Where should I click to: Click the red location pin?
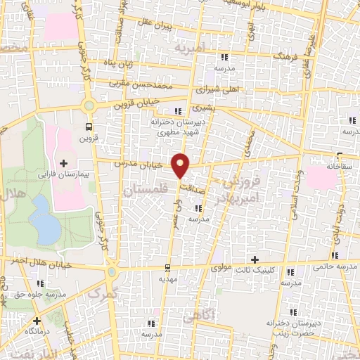[x=181, y=165]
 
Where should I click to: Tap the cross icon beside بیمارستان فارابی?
[x=64, y=163]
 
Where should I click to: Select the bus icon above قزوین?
[x=89, y=127]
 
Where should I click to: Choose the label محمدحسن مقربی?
[x=143, y=83]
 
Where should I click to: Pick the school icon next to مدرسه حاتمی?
[x=335, y=255]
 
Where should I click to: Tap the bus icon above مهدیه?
[x=167, y=267]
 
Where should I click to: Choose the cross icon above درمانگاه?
[x=36, y=321]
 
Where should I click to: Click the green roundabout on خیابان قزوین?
[x=89, y=106]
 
